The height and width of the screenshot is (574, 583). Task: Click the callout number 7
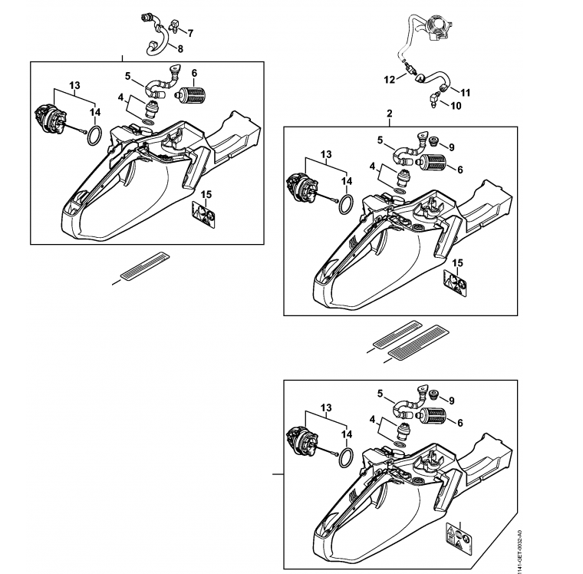coord(190,34)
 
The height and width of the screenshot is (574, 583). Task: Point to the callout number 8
coord(180,49)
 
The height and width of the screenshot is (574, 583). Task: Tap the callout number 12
coord(389,80)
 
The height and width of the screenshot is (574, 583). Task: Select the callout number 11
coord(466,92)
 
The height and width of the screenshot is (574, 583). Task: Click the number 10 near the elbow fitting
coord(456,106)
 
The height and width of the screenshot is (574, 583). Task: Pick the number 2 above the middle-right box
coord(389,113)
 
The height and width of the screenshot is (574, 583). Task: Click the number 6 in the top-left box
coord(194,73)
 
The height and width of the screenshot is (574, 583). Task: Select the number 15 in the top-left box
coord(206,195)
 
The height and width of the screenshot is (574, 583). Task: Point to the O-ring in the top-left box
coord(94,135)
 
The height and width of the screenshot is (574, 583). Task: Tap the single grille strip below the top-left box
coord(144,266)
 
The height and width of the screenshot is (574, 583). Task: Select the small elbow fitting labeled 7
coord(173,25)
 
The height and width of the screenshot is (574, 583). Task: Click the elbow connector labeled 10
coord(435,101)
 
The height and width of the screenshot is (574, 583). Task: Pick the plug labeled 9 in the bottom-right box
coord(433,394)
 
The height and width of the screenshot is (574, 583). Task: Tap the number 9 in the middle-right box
coord(451,147)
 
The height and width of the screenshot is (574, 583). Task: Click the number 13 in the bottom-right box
coord(326,407)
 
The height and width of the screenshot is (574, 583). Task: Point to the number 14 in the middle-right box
coord(347,181)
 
